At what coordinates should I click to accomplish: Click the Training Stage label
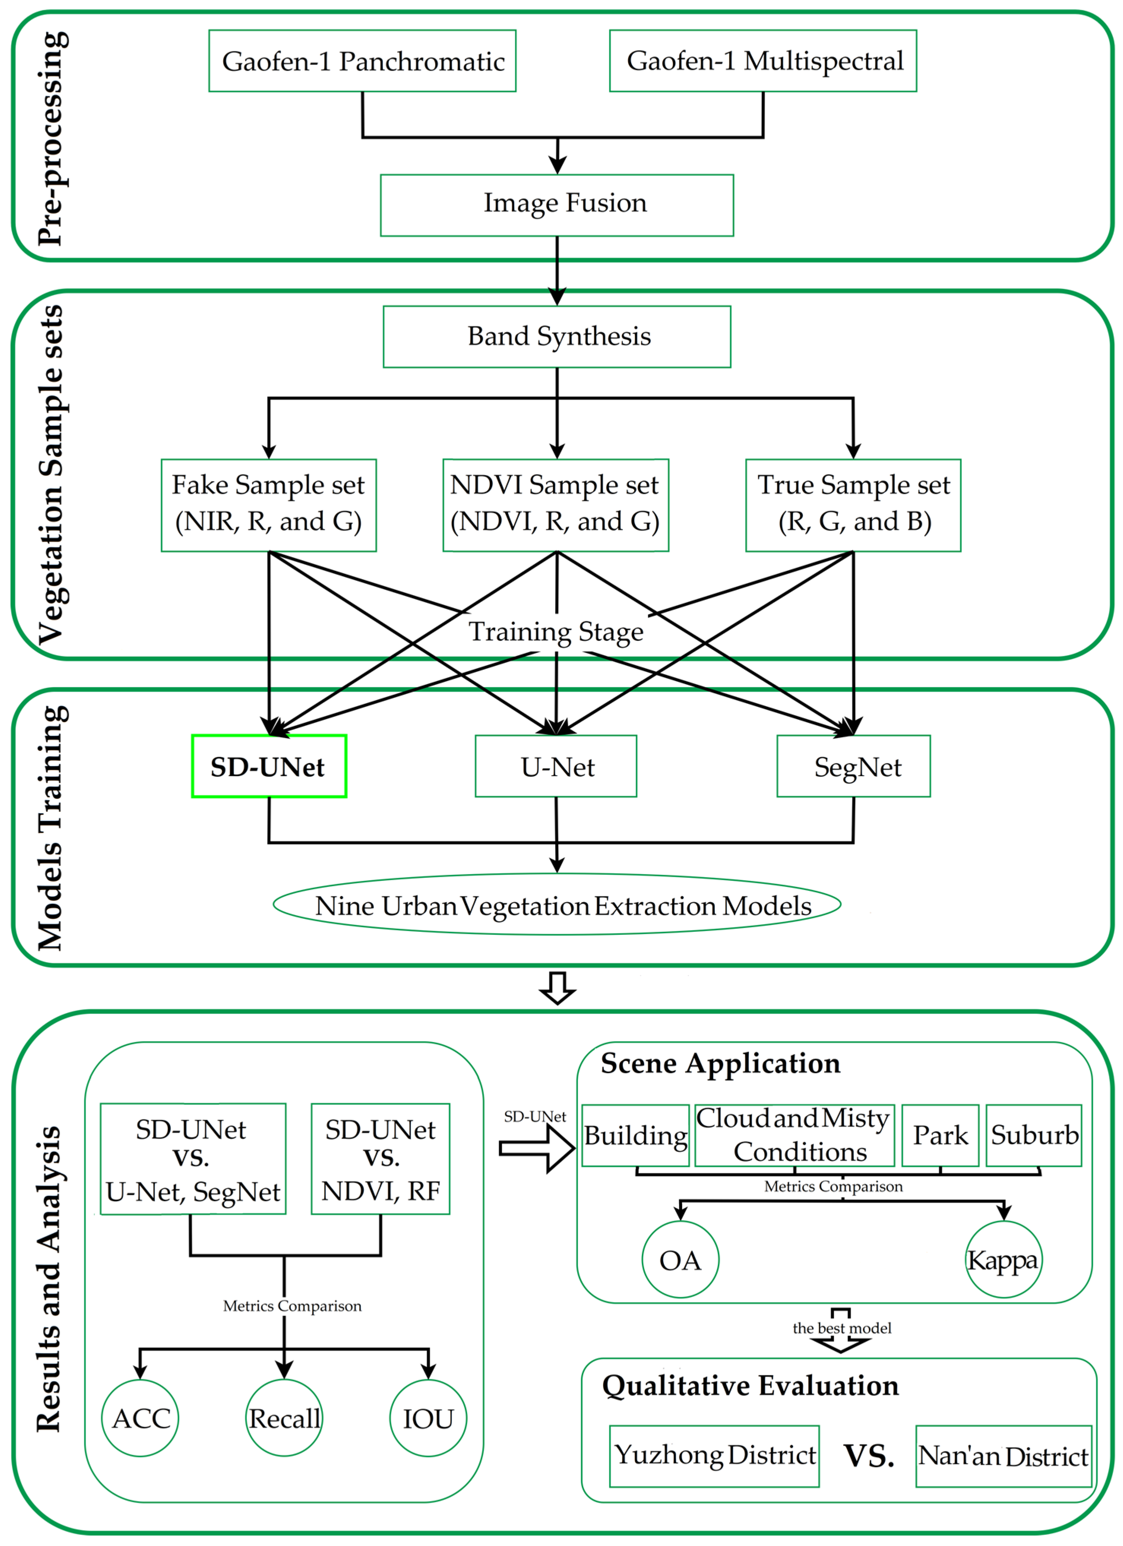click(555, 631)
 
